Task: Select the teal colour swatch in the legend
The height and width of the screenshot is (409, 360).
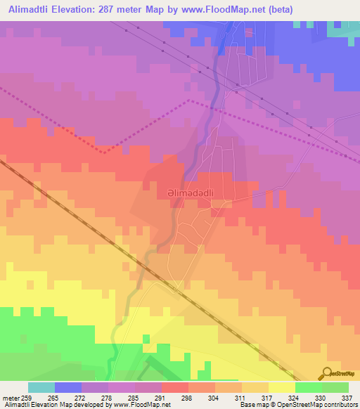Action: pos(41,387)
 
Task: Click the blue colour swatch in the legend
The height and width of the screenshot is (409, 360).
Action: pos(68,387)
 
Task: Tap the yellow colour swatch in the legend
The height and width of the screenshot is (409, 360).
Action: pos(281,387)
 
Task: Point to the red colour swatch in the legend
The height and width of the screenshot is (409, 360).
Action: pos(174,387)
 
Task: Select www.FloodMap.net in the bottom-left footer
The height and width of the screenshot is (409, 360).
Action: pos(138,405)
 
